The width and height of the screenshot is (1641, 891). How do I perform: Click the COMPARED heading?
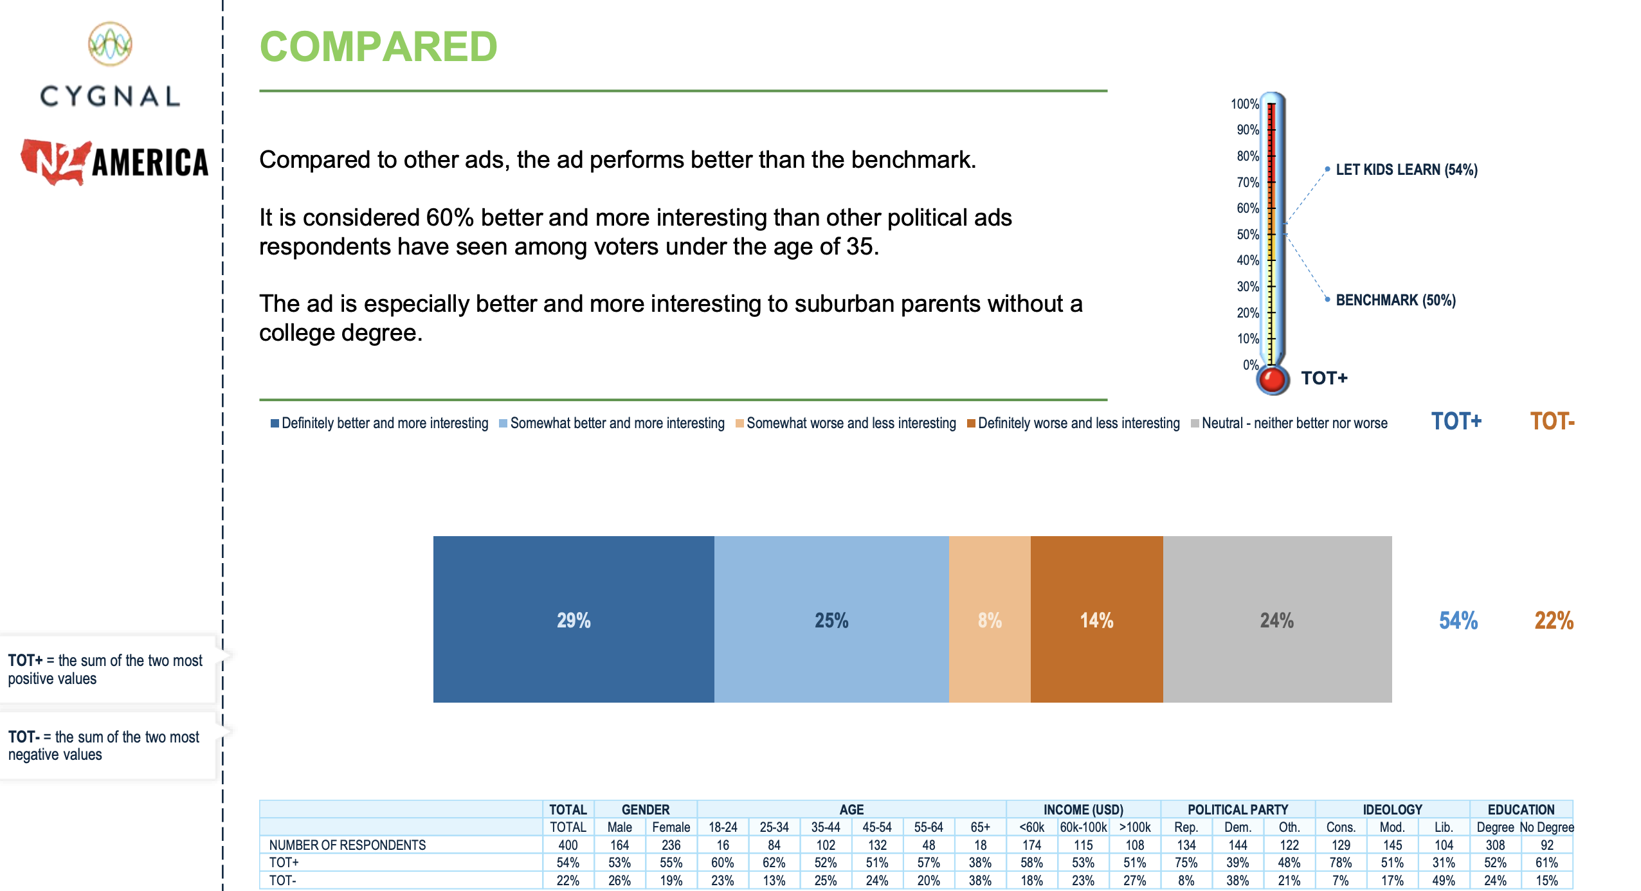pos(378,47)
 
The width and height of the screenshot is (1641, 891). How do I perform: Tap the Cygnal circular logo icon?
pos(110,44)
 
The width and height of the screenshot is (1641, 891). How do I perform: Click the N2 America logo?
pos(114,161)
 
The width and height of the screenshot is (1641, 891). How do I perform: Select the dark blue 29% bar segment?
pos(573,619)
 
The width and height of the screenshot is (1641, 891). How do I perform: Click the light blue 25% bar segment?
pos(831,619)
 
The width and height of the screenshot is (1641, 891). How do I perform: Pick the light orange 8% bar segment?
pos(989,619)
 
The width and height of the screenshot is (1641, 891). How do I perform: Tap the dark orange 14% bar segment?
pos(1096,619)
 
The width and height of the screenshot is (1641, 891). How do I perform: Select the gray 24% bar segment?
pos(1276,619)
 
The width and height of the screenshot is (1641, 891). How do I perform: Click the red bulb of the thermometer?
pos(1272,380)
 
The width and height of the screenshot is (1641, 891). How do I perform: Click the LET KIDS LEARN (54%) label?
pos(1406,170)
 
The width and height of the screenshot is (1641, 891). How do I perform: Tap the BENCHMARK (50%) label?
pos(1395,300)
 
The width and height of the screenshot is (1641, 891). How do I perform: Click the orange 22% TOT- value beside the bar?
pos(1554,620)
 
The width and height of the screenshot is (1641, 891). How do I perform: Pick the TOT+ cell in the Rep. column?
pos(1186,862)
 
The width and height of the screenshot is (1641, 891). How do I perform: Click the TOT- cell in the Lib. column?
pos(1444,880)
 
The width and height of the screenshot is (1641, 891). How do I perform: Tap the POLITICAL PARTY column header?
pos(1237,809)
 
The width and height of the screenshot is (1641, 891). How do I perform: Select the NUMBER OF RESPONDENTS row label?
pos(347,845)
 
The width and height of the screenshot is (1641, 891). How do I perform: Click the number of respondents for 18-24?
pos(722,845)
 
